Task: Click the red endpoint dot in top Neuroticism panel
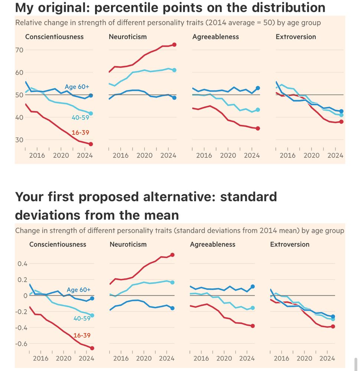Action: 174,45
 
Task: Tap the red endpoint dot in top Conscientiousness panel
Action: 91,144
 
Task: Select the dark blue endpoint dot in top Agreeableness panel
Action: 258,88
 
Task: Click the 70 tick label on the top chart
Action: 19,50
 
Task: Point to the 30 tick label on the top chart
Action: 19,140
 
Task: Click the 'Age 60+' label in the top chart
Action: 77,87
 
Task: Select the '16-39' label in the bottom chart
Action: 82,335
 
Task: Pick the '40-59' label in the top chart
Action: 80,118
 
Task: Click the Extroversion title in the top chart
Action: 296,37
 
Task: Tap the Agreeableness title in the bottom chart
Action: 213,244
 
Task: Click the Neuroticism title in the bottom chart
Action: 128,244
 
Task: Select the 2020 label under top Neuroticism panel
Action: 144,155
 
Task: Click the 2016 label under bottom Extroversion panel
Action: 281,358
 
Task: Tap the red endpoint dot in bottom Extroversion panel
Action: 333,326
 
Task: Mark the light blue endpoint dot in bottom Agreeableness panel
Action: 253,308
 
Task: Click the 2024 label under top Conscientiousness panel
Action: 85,155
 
